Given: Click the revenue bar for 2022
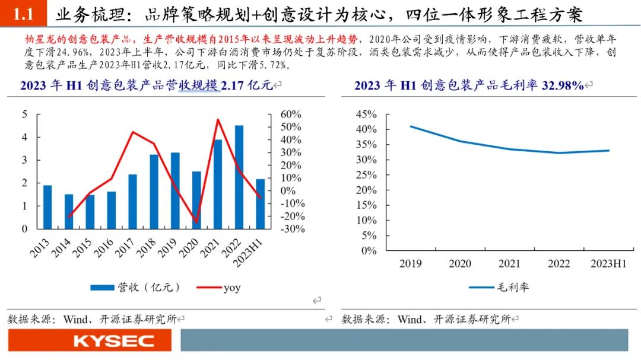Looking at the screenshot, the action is click(239, 177).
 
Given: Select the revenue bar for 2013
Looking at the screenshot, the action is click(47, 207).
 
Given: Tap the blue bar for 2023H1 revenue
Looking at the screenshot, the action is click(261, 204).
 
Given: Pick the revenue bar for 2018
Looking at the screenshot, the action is click(154, 192).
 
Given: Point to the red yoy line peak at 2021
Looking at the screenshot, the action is click(218, 120).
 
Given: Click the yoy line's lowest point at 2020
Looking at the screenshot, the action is click(197, 222).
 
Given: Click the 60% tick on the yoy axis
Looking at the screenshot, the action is click(291, 114).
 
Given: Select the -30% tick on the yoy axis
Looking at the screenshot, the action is click(293, 229).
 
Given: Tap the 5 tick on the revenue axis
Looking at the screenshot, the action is click(25, 114).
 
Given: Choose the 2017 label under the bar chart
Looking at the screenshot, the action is click(124, 248).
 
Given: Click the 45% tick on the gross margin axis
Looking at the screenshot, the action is click(366, 114).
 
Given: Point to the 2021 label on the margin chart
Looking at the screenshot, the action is click(509, 263).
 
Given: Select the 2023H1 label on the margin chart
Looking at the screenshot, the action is click(608, 263).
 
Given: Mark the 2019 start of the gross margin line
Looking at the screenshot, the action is click(411, 127).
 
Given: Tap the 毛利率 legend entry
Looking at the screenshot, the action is click(499, 287).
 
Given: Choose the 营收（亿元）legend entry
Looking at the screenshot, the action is click(135, 287).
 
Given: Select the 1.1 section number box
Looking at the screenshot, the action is click(23, 13).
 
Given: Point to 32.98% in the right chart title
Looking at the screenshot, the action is click(563, 85).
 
